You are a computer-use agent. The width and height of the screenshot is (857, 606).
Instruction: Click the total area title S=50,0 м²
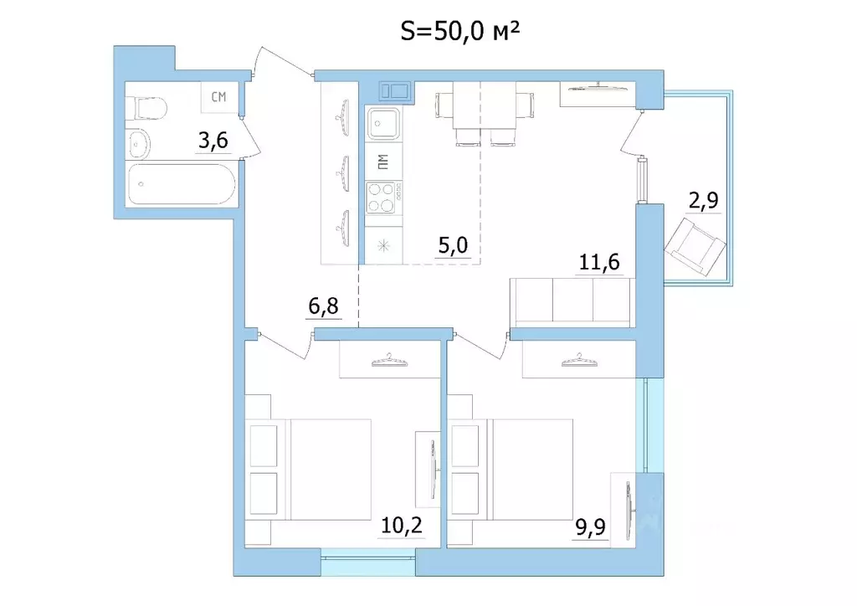[x=459, y=33]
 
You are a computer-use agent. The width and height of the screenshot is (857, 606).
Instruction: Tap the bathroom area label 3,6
[x=213, y=141]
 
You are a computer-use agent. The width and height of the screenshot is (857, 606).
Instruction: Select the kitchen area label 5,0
[x=453, y=245]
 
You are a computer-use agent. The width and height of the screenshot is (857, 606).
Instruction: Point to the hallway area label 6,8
[x=324, y=306]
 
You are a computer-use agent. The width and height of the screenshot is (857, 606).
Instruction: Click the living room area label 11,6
[x=599, y=262]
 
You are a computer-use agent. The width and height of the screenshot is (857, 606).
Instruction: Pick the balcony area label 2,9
[x=703, y=201]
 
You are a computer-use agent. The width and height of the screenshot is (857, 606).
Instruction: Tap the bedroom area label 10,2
[x=402, y=526]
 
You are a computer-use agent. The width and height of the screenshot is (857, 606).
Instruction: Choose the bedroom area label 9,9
[x=590, y=528]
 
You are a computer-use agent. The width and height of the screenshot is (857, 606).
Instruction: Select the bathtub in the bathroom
[x=182, y=184]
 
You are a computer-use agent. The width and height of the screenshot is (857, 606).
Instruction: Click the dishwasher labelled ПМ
[x=383, y=162]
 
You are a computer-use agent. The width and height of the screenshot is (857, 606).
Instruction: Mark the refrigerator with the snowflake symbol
[x=383, y=245]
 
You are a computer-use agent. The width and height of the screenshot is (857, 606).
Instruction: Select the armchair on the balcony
[x=695, y=246]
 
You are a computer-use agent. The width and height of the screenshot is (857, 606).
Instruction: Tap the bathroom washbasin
[x=139, y=144]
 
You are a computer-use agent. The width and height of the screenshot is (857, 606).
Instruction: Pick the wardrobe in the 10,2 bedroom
[x=390, y=359]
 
